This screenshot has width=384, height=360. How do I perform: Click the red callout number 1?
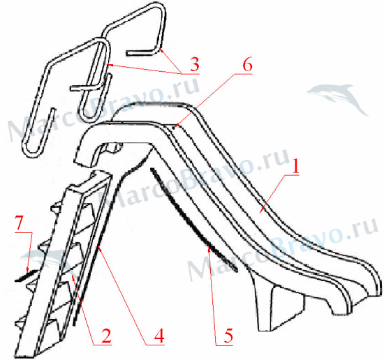(296, 166)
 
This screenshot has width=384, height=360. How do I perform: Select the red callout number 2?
(106, 336)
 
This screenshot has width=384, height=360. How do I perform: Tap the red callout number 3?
(195, 64)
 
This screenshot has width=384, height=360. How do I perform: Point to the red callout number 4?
(159, 336)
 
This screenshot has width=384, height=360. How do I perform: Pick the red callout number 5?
(228, 336)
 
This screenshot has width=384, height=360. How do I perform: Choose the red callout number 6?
(247, 66)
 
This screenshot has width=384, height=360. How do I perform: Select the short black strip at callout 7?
(27, 276)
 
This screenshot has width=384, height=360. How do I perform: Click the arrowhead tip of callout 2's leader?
(71, 276)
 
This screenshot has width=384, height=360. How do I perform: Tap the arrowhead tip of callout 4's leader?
(98, 246)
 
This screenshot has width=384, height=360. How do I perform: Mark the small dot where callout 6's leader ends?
(173, 127)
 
